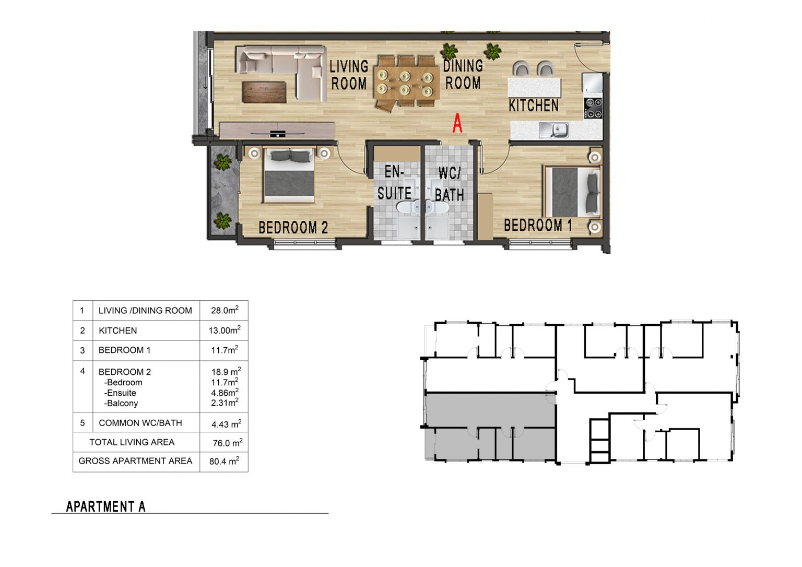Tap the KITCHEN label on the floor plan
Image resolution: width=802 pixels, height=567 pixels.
pos(534,105)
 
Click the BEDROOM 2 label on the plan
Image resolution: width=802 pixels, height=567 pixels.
pos(293,228)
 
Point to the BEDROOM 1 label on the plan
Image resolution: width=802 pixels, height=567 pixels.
pos(538,226)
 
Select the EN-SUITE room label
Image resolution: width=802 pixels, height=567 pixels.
pos(395,183)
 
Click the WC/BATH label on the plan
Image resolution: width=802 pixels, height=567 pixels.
pos(450,184)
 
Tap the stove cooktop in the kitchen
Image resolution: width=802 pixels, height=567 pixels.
pos(593,108)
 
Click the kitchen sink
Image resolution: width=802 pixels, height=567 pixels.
pos(554,131)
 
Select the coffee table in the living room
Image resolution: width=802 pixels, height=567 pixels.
pos(264,92)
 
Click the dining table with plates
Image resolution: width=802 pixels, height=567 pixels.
pos(406,82)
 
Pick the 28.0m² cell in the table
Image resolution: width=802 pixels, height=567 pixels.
pos(225,310)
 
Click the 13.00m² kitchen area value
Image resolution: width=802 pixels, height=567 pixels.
pos(225,330)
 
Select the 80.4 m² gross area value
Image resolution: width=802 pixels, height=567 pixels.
pos(224,461)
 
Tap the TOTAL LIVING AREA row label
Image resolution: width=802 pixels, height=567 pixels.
pos(132,442)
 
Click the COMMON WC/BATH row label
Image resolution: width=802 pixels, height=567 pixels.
pos(140,423)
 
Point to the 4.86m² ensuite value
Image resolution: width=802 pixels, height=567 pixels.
pos(225,392)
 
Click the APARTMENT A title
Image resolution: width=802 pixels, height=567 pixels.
pos(105,506)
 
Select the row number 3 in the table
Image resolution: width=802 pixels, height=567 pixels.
pos(82,350)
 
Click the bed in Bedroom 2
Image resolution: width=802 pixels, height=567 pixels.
pos(289,175)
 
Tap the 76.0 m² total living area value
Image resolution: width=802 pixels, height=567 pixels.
pos(227,443)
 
